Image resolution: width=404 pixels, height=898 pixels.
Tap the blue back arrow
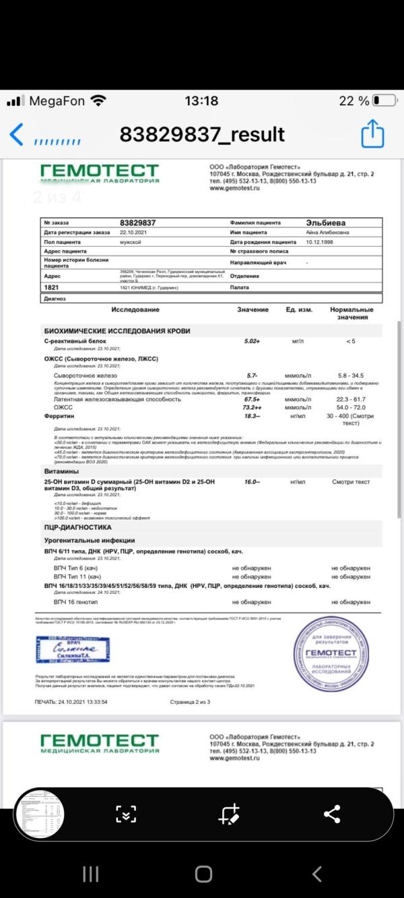point(17,133)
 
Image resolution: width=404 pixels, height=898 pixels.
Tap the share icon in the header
point(372,133)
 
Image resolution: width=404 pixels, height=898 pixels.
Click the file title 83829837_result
point(202,134)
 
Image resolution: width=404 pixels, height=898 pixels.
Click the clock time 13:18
point(201,101)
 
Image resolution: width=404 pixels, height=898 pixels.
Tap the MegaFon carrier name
point(57,101)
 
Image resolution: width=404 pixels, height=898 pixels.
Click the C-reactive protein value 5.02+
point(252,342)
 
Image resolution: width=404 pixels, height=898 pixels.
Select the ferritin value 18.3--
point(252,417)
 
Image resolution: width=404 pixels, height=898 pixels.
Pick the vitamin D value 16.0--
point(252,483)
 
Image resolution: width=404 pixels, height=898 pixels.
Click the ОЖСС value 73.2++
point(252,408)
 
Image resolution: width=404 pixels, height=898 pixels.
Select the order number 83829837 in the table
point(138,222)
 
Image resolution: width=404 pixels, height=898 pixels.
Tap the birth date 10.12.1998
point(320,241)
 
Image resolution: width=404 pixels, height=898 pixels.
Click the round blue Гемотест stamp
point(331,653)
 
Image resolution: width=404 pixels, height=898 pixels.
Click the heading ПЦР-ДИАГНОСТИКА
point(77,527)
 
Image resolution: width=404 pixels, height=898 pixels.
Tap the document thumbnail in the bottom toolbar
point(39,814)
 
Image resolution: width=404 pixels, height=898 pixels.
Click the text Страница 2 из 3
point(191,702)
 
